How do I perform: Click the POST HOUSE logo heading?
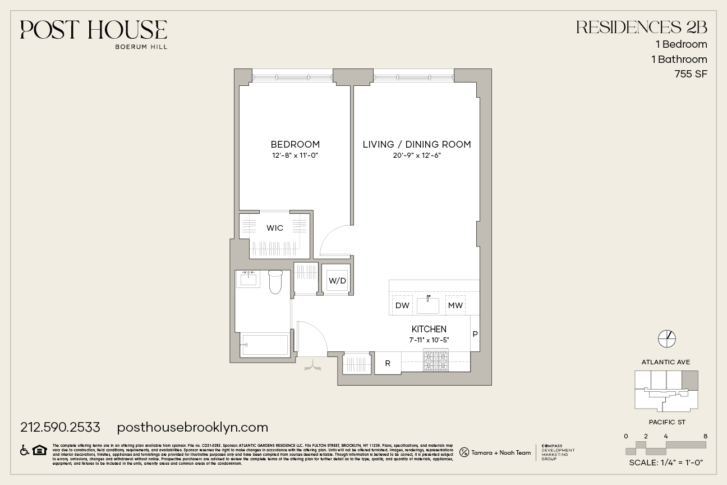(x=94, y=30)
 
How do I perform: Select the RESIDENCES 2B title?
(x=642, y=27)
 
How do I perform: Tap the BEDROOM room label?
(x=295, y=144)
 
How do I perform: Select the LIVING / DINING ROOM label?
(x=417, y=144)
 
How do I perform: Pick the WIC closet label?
(x=275, y=228)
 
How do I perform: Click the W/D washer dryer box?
(x=337, y=280)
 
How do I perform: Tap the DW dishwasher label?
(x=402, y=305)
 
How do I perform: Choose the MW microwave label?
(x=455, y=305)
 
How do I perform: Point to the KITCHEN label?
(x=429, y=329)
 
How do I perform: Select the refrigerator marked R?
(x=388, y=363)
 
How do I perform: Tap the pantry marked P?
(x=475, y=334)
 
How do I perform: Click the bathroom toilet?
(x=275, y=282)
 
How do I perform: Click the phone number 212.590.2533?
(x=60, y=427)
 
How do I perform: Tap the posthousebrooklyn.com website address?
(x=192, y=427)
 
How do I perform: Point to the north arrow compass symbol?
(x=666, y=338)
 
